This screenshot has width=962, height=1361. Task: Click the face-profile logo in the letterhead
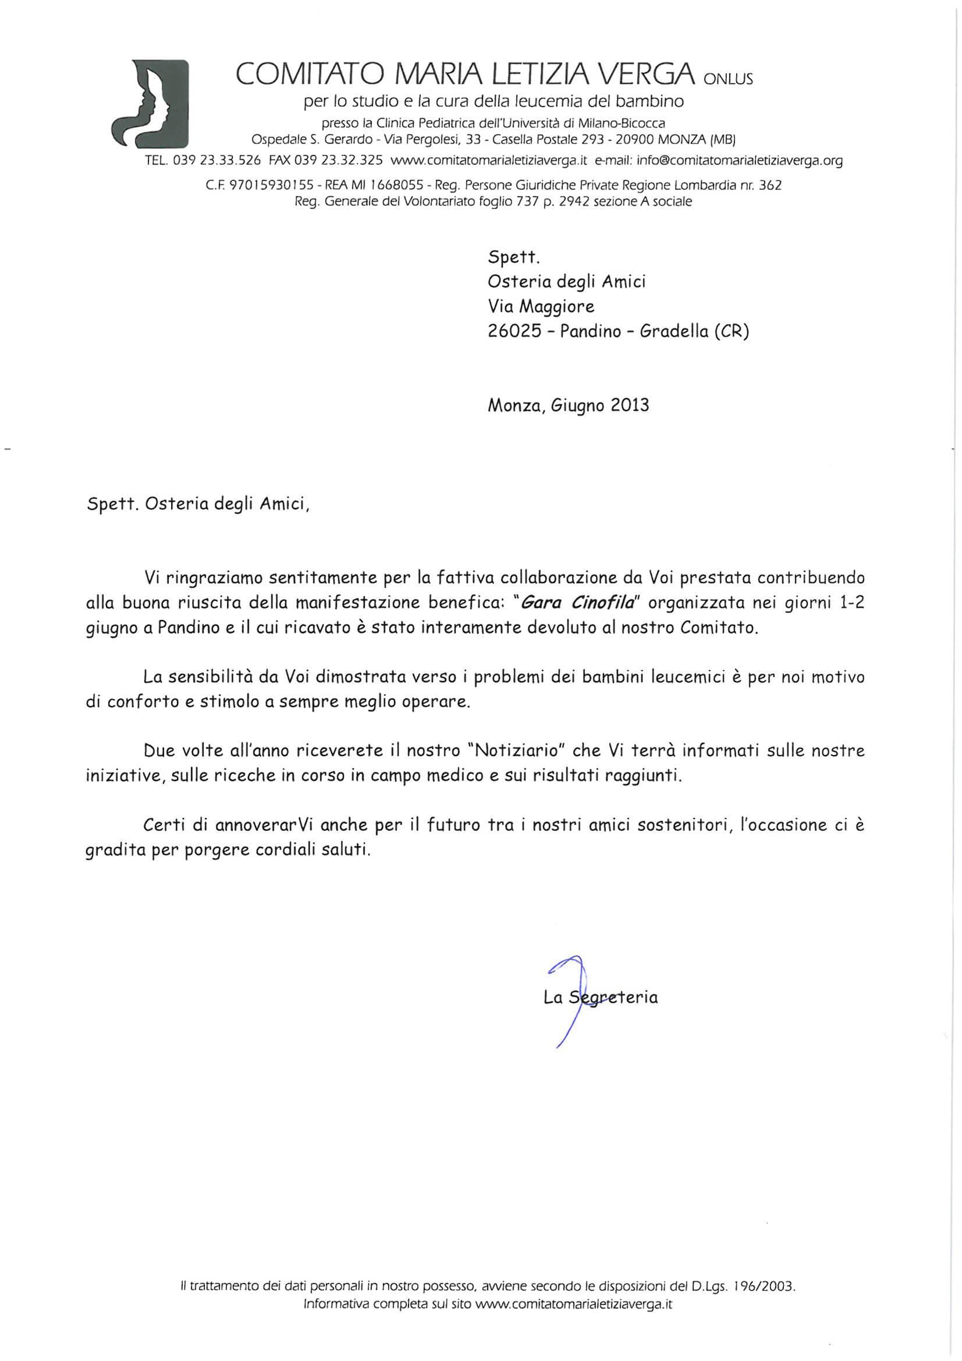[x=151, y=104]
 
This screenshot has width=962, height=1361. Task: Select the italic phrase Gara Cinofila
[x=580, y=603]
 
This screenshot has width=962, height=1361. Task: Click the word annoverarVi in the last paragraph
[x=257, y=825]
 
